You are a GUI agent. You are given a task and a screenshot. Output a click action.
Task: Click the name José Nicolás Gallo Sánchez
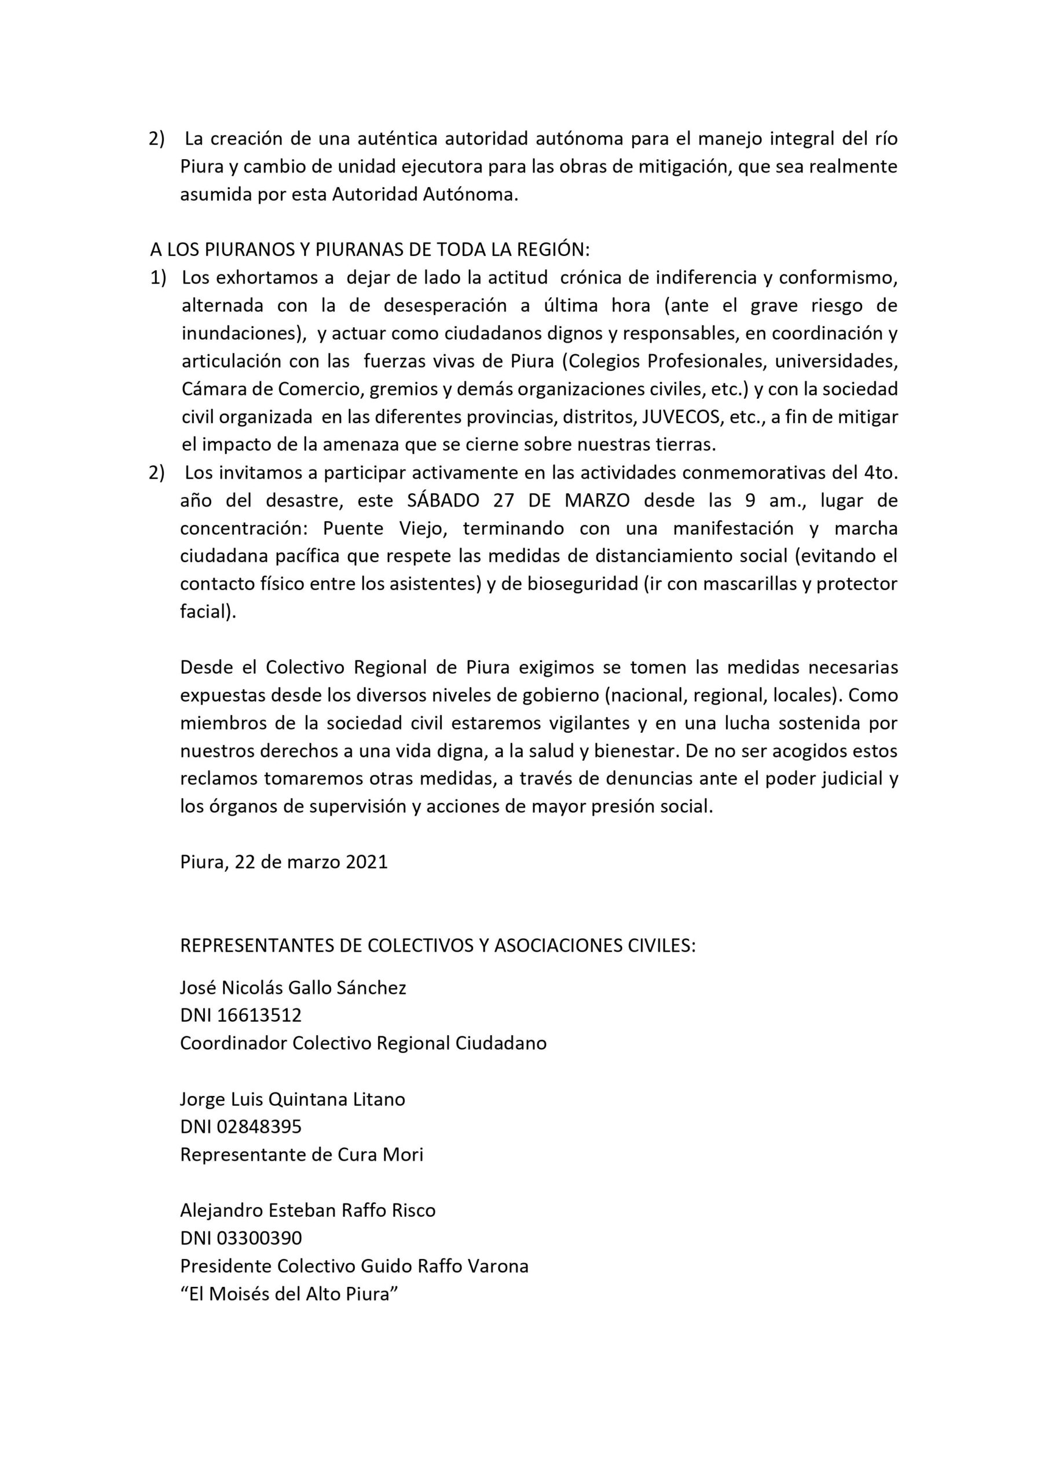[x=293, y=988]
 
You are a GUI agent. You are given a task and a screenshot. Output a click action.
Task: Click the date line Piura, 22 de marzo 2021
[x=284, y=863]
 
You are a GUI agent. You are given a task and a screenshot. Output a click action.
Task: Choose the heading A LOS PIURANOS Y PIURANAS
[x=370, y=249]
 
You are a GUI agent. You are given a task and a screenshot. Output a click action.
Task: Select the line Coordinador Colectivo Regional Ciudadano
[x=363, y=1043]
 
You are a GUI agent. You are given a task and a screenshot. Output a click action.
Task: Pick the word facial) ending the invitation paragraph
[x=208, y=611]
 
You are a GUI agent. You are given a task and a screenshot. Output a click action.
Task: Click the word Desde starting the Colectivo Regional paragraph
[x=207, y=667]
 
